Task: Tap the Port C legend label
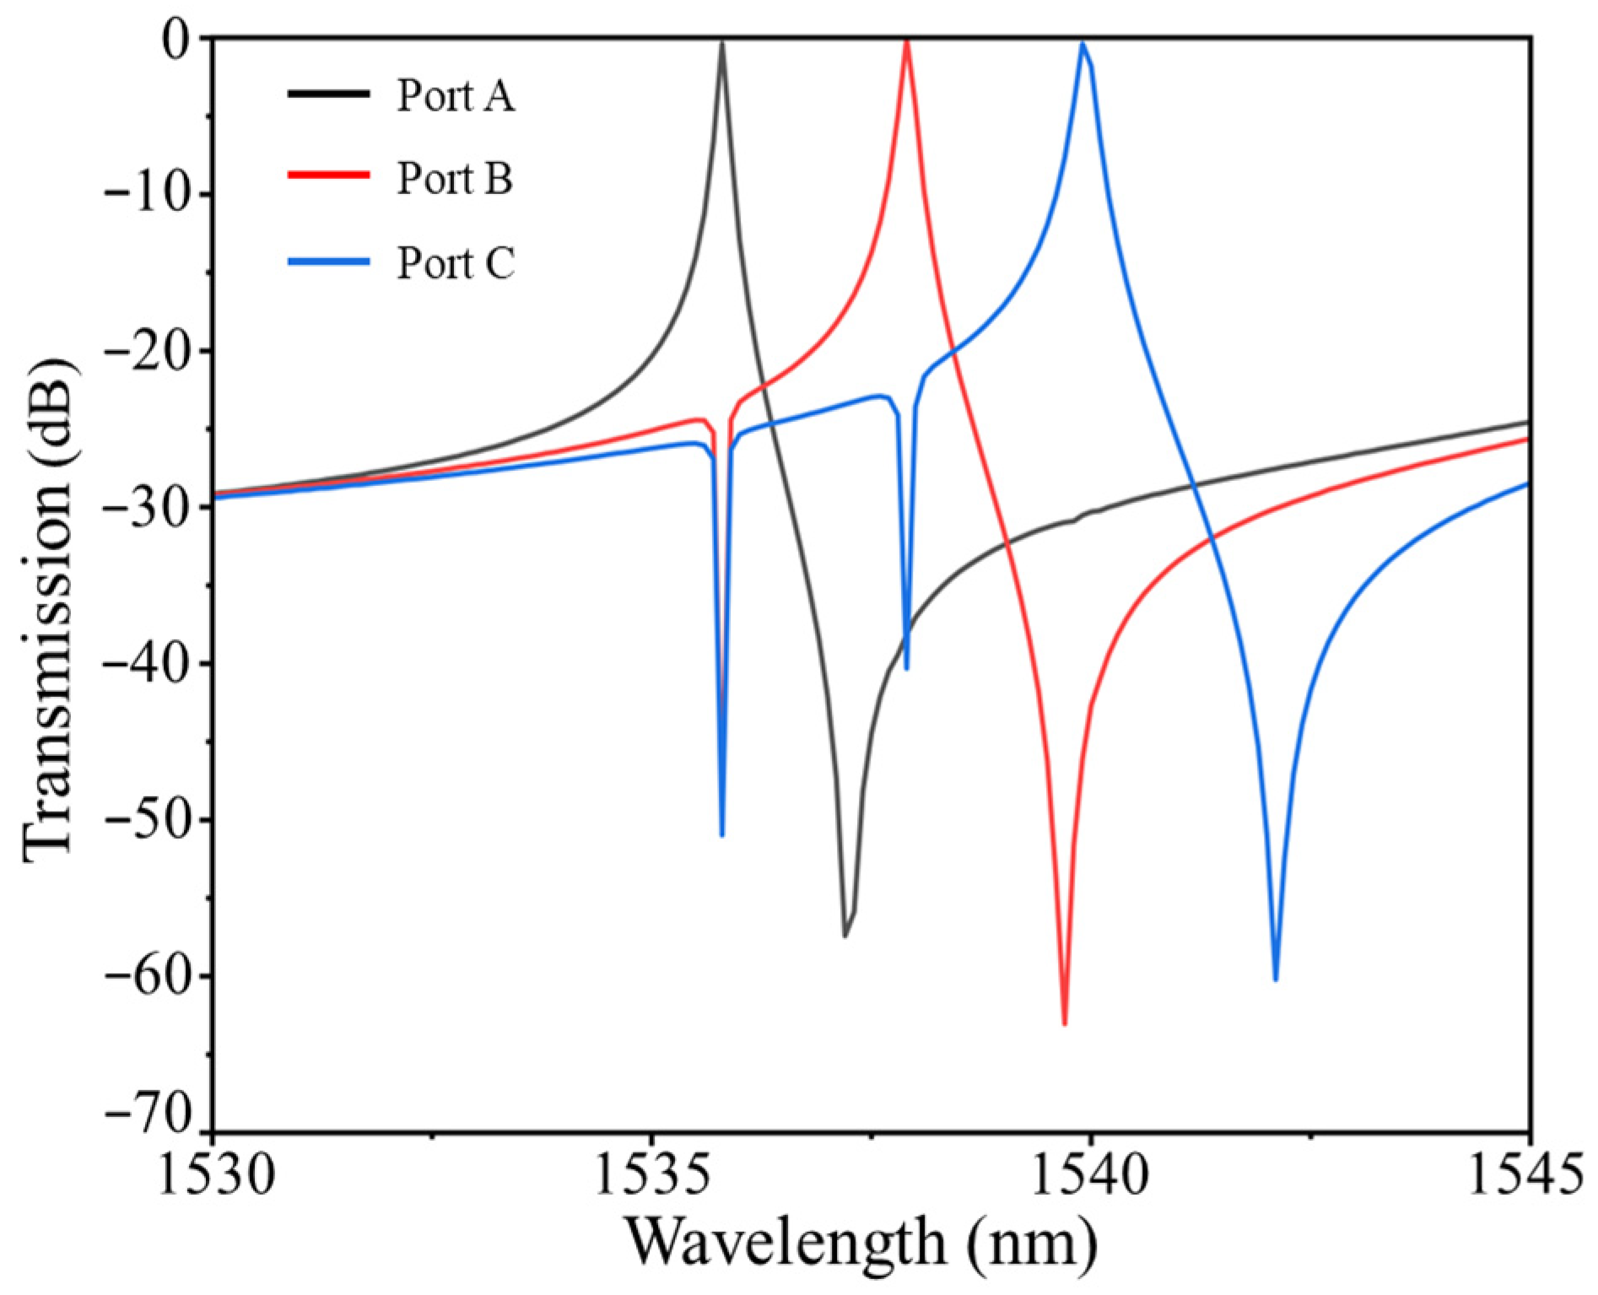coord(455,263)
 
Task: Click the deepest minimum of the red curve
coord(1065,1023)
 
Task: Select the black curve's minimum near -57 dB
coord(845,935)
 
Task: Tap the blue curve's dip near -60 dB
coord(1275,979)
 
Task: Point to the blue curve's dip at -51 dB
coord(721,834)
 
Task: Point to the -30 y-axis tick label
coord(154,507)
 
